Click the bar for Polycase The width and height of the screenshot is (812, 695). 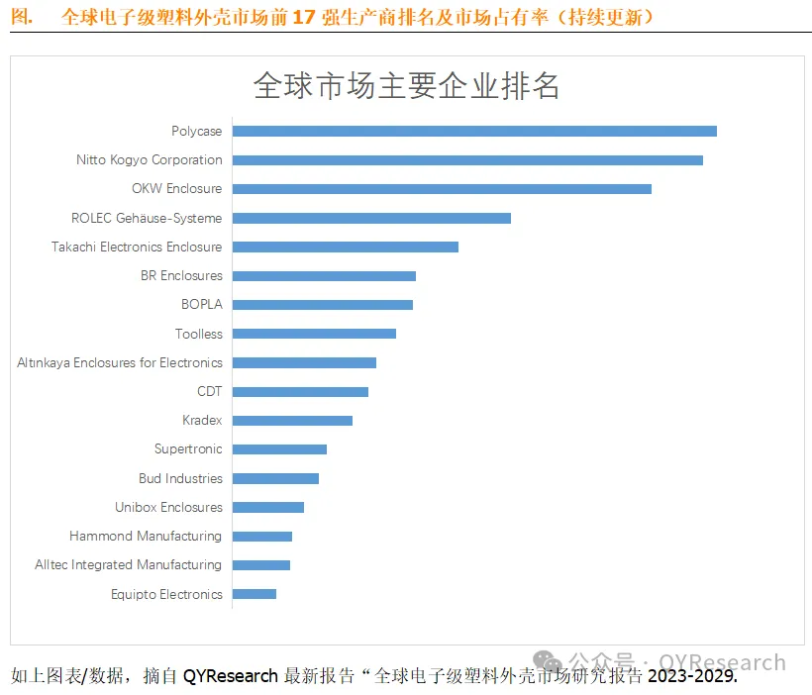tap(473, 131)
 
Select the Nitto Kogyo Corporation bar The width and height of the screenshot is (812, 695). tap(466, 159)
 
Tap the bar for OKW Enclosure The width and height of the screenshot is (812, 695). tap(441, 188)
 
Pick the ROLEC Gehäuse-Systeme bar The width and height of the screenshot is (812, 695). tap(370, 218)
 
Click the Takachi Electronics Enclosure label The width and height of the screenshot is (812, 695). tap(137, 247)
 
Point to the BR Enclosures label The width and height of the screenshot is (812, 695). tap(181, 275)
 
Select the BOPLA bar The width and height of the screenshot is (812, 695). tap(322, 304)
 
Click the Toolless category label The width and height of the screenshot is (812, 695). tap(199, 334)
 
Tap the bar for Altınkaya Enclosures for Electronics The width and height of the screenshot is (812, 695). tap(303, 362)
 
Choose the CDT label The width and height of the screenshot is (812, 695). tap(210, 391)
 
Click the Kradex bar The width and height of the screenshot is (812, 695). tap(291, 420)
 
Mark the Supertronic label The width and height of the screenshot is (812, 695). tap(188, 448)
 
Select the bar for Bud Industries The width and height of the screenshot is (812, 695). tap(274, 478)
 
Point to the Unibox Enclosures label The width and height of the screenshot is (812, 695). tap(168, 507)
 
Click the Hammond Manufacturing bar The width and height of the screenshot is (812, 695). tap(261, 536)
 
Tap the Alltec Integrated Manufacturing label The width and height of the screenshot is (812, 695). tap(128, 564)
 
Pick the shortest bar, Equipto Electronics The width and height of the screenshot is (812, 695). tap(254, 594)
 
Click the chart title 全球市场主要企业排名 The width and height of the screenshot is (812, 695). tap(407, 86)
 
